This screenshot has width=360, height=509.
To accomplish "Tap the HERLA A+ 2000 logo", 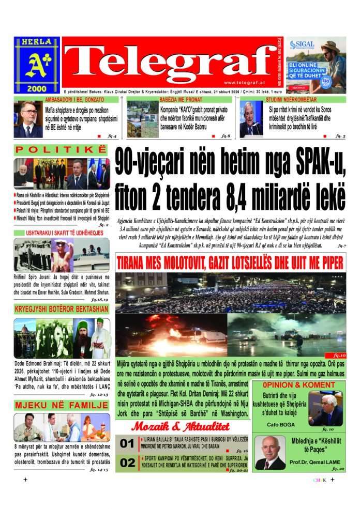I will [x=37, y=65].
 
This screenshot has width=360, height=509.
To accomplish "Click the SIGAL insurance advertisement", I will [x=316, y=65].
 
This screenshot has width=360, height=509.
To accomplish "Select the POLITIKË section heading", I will [x=61, y=150].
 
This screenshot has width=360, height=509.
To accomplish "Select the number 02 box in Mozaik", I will [x=127, y=462].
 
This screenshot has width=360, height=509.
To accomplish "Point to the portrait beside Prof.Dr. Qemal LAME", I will [x=270, y=453].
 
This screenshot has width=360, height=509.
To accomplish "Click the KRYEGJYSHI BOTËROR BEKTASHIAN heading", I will [x=61, y=309].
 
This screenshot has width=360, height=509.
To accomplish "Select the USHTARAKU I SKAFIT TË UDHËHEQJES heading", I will [x=61, y=233].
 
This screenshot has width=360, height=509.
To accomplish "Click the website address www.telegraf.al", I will [x=245, y=83].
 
